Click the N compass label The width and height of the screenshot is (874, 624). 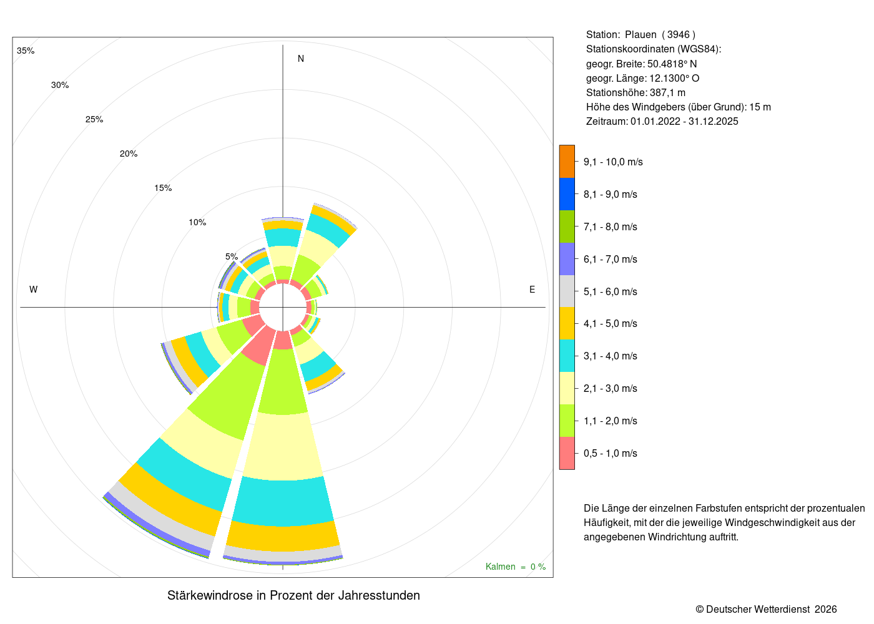301,59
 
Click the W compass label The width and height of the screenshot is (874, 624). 34,290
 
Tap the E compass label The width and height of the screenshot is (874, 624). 532,290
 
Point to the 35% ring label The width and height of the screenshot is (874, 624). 26,51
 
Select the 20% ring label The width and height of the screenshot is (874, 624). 129,154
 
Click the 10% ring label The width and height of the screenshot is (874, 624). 197,222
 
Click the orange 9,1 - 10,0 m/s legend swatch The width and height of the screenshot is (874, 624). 567,162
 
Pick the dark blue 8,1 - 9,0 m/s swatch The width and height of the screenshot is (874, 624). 567,194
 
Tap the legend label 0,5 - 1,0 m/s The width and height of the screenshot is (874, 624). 611,453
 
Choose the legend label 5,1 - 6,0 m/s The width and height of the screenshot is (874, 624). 611,291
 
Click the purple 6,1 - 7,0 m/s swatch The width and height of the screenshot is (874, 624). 567,259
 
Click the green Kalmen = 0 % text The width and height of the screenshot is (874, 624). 516,567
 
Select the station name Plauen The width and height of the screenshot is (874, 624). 641,35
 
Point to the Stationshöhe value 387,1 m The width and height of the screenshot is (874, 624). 667,93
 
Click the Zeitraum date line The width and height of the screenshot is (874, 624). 662,121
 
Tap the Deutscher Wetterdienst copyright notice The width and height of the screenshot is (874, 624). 766,609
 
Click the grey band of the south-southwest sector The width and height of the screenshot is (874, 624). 161,517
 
